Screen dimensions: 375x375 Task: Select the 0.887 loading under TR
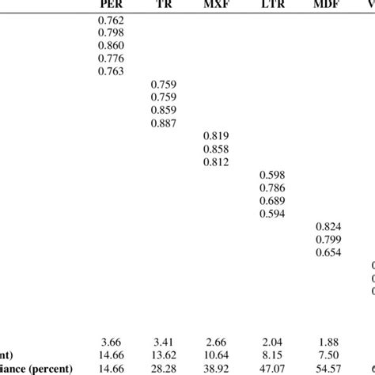pyautogui.click(x=165, y=123)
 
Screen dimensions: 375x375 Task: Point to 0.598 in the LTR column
pyautogui.click(x=274, y=175)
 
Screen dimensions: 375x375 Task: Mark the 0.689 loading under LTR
pyautogui.click(x=274, y=200)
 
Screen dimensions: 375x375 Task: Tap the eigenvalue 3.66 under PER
pyautogui.click(x=110, y=343)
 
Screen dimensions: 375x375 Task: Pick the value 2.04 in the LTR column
pyautogui.click(x=274, y=343)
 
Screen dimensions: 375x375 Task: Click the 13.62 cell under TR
pyautogui.click(x=165, y=355)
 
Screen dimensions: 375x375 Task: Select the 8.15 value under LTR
pyautogui.click(x=274, y=355)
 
